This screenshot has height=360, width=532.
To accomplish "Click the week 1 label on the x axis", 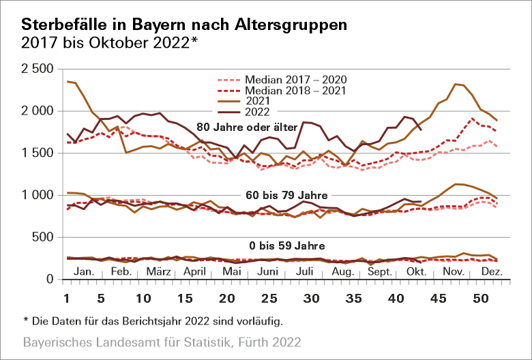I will pyautogui.click(x=67, y=299).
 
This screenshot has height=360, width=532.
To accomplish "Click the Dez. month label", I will pyautogui.click(x=491, y=271).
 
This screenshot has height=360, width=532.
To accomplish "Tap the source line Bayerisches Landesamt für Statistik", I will pyautogui.click(x=161, y=340).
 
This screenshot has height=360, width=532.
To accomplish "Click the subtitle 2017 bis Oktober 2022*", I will pyautogui.click(x=110, y=42).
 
